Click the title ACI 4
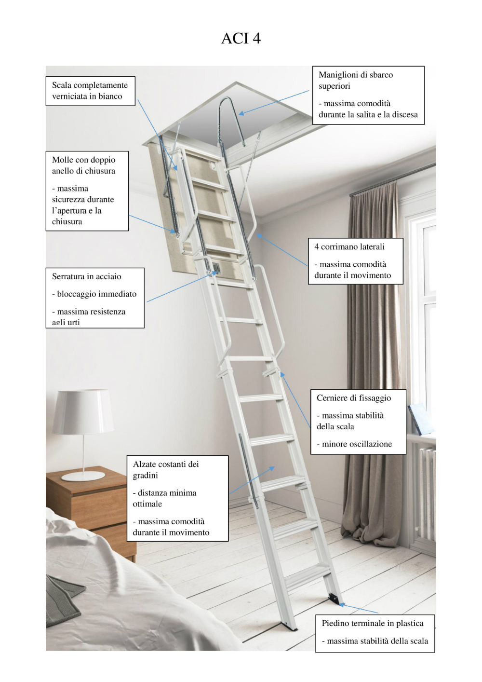[241, 38]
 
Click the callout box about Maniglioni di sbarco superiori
[368, 95]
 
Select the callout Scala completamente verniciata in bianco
[90, 91]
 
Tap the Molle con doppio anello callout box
[87, 191]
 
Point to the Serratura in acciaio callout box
[95, 298]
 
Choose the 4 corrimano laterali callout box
[355, 261]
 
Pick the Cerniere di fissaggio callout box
[358, 421]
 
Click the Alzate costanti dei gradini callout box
[177, 498]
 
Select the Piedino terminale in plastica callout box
[375, 633]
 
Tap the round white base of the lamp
[83, 476]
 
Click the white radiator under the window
[427, 492]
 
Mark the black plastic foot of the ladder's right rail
[333, 599]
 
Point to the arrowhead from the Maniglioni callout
[241, 114]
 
